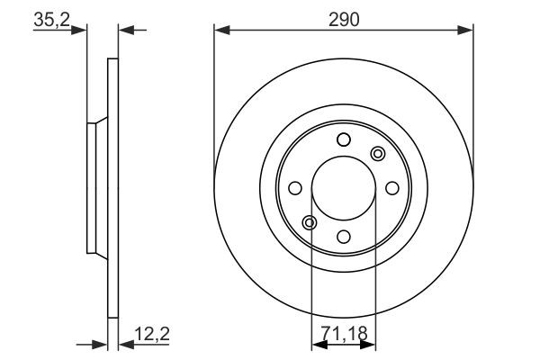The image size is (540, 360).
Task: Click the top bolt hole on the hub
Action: click(x=343, y=139)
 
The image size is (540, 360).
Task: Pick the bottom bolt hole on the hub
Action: click(x=343, y=237)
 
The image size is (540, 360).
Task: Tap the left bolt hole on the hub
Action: click(x=294, y=188)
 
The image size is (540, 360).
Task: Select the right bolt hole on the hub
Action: click(x=391, y=188)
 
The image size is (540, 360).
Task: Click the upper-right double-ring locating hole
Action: click(x=377, y=154)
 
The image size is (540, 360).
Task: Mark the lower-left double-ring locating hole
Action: click(x=309, y=222)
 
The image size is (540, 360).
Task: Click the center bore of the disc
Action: click(x=343, y=188)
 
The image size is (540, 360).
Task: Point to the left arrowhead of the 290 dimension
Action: click(x=221, y=31)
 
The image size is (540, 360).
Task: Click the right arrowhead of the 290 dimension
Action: click(x=465, y=31)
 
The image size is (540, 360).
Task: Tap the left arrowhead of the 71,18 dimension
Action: click(x=318, y=344)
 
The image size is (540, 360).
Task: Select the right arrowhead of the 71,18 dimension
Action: click(x=368, y=344)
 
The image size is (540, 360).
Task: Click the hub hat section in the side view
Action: click(x=94, y=188)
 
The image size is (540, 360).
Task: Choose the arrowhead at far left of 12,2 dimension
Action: click(x=99, y=344)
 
